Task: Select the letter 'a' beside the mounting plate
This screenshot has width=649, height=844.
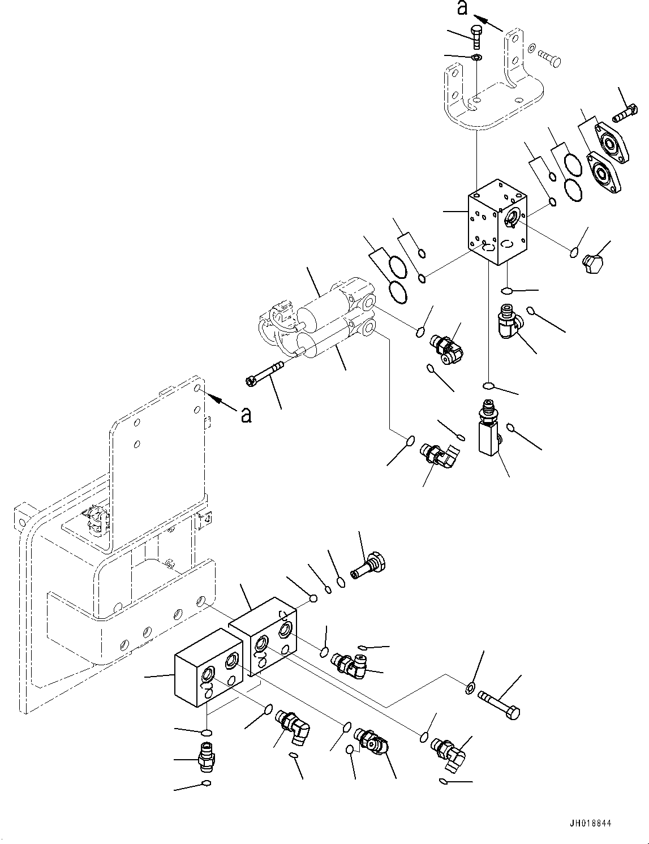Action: [246, 415]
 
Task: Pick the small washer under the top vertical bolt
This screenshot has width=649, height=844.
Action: [477, 57]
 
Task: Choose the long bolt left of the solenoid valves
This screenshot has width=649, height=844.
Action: [265, 374]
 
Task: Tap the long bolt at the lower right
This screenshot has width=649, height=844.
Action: [499, 704]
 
